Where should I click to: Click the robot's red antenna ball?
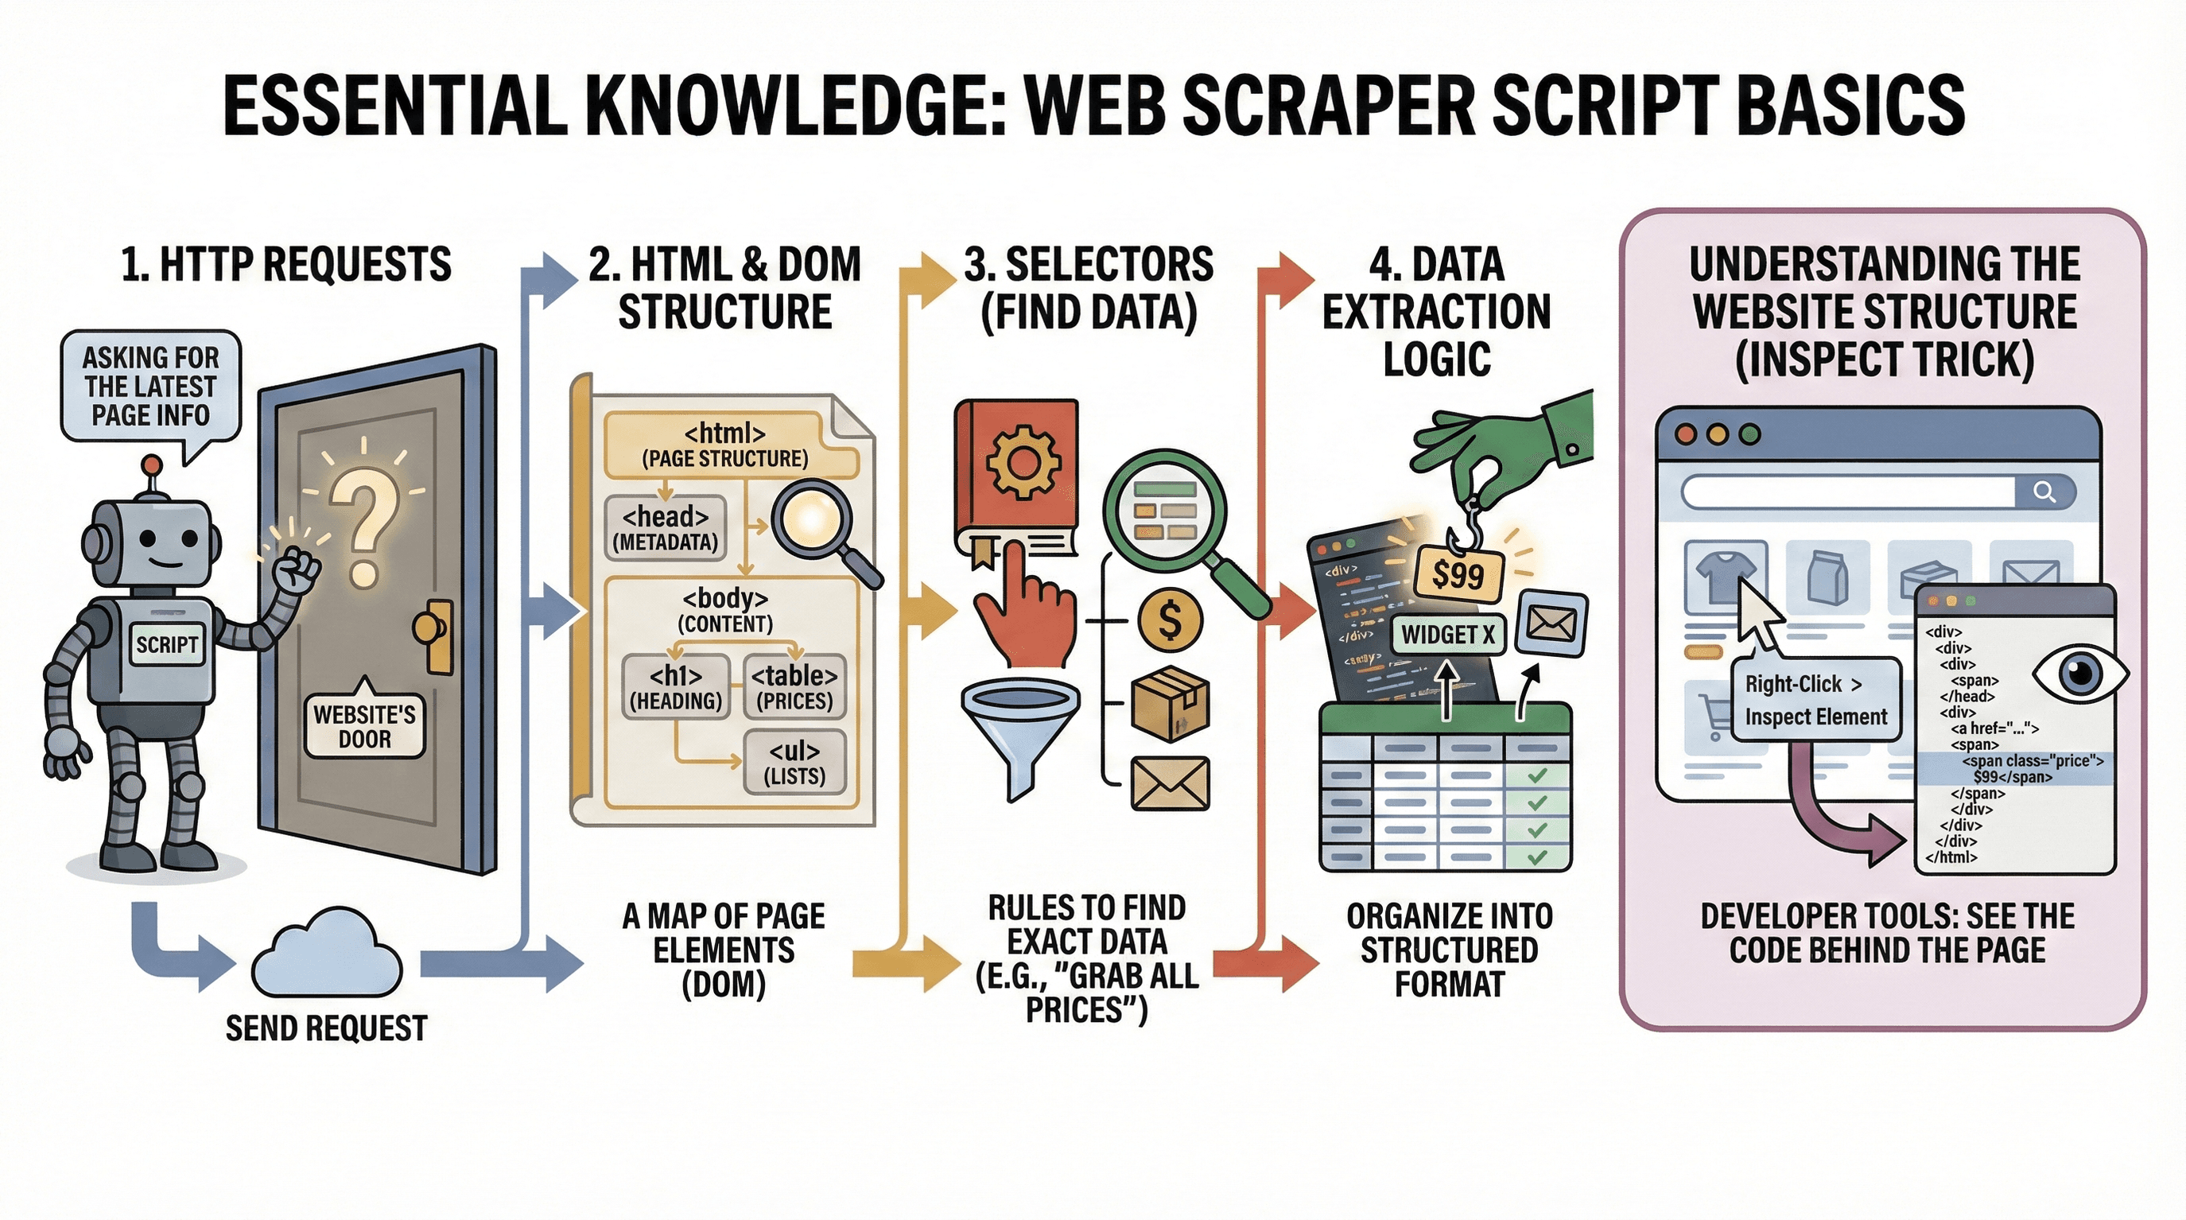tap(152, 464)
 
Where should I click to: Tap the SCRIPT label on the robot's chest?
tap(166, 644)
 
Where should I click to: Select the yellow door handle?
tap(433, 632)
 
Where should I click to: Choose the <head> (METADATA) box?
tap(666, 528)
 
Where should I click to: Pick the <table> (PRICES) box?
tap(794, 687)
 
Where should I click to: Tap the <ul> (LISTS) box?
tap(794, 762)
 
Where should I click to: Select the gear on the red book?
tap(1022, 463)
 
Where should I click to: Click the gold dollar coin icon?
tap(1170, 620)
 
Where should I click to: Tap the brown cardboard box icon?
tap(1171, 704)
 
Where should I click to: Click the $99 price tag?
tap(1458, 575)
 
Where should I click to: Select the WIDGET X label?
tap(1448, 634)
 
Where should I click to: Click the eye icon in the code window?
tap(2079, 675)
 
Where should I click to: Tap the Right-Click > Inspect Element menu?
tap(1815, 700)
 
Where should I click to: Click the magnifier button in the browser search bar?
tap(2044, 491)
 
